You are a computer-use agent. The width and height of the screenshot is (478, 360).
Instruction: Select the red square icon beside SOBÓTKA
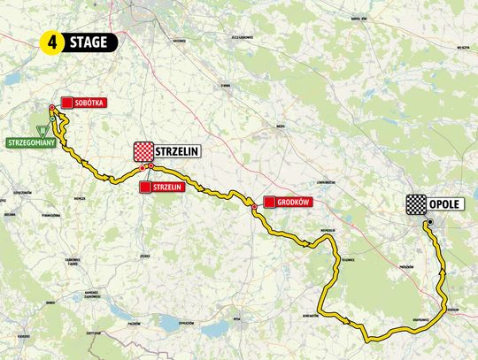67,102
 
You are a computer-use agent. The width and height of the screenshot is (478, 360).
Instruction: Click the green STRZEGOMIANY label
31,141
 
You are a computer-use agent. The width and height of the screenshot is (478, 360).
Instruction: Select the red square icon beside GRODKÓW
268,202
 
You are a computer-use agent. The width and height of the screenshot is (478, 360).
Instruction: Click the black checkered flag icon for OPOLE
415,204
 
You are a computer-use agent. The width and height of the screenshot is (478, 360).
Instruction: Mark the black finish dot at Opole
426,225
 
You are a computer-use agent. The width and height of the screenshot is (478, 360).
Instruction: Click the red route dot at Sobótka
52,108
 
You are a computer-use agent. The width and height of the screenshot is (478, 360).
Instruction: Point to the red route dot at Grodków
255,208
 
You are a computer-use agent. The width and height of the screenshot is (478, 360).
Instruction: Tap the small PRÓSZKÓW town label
408,264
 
